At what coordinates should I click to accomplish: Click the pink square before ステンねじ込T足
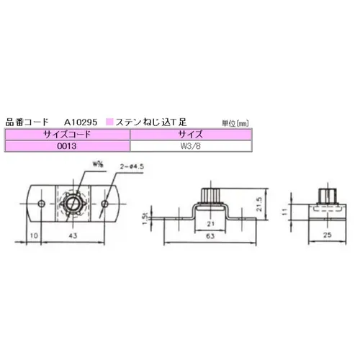click(109, 122)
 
